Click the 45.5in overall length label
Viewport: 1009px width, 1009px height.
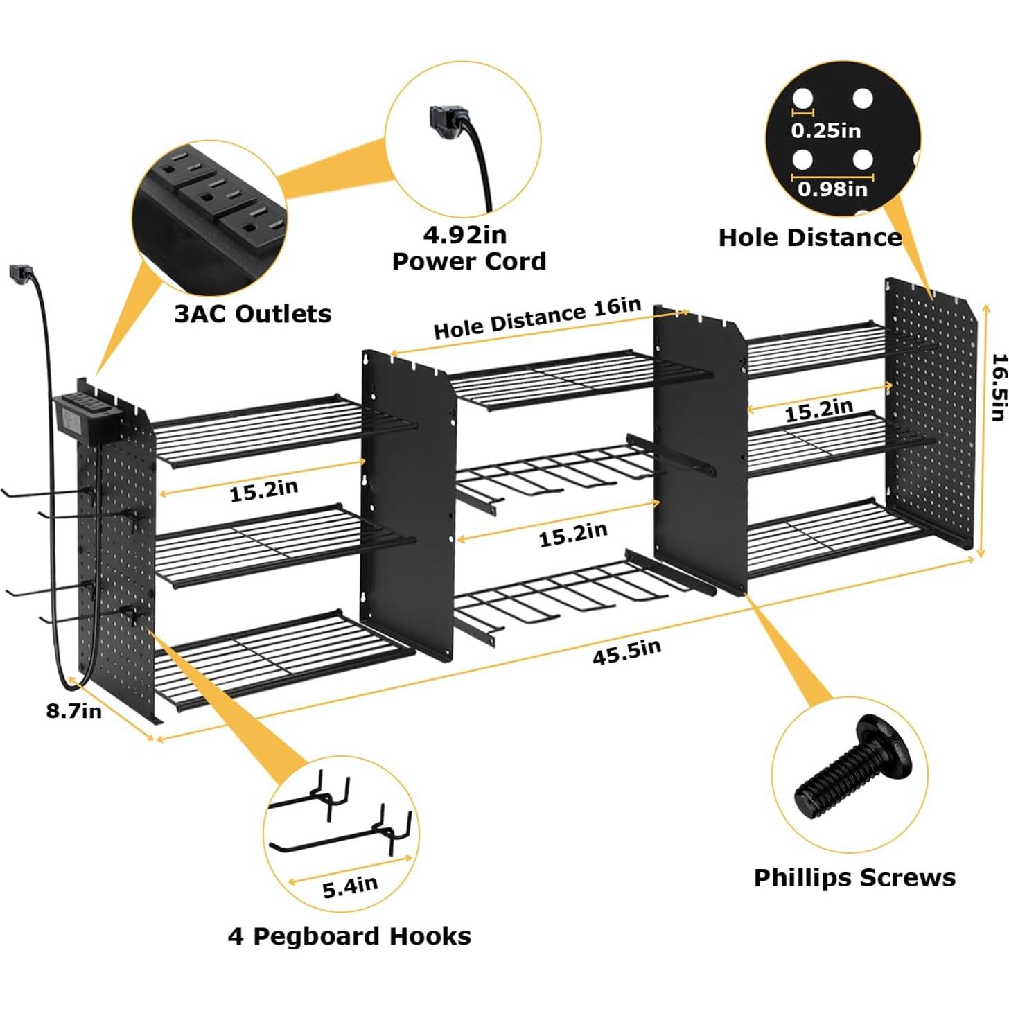click(x=626, y=651)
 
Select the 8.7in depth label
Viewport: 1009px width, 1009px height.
click(x=74, y=711)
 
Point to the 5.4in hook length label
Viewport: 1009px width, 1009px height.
click(x=350, y=886)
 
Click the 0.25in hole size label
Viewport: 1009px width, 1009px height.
click(x=826, y=130)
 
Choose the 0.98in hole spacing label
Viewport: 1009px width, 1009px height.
click(x=832, y=188)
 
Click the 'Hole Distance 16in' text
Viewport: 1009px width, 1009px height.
click(x=537, y=318)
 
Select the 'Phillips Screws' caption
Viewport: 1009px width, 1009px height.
click(x=854, y=877)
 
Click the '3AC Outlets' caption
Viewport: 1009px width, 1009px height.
click(x=252, y=314)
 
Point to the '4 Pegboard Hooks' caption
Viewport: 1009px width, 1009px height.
click(x=349, y=936)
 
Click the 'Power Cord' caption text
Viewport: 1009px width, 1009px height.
click(x=469, y=261)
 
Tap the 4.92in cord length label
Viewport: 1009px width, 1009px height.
click(x=465, y=235)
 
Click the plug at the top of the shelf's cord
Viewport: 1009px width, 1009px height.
click(x=19, y=273)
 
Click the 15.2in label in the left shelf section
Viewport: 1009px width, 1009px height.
click(x=264, y=491)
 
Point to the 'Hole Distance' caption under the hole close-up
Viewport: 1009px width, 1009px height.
click(x=809, y=238)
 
